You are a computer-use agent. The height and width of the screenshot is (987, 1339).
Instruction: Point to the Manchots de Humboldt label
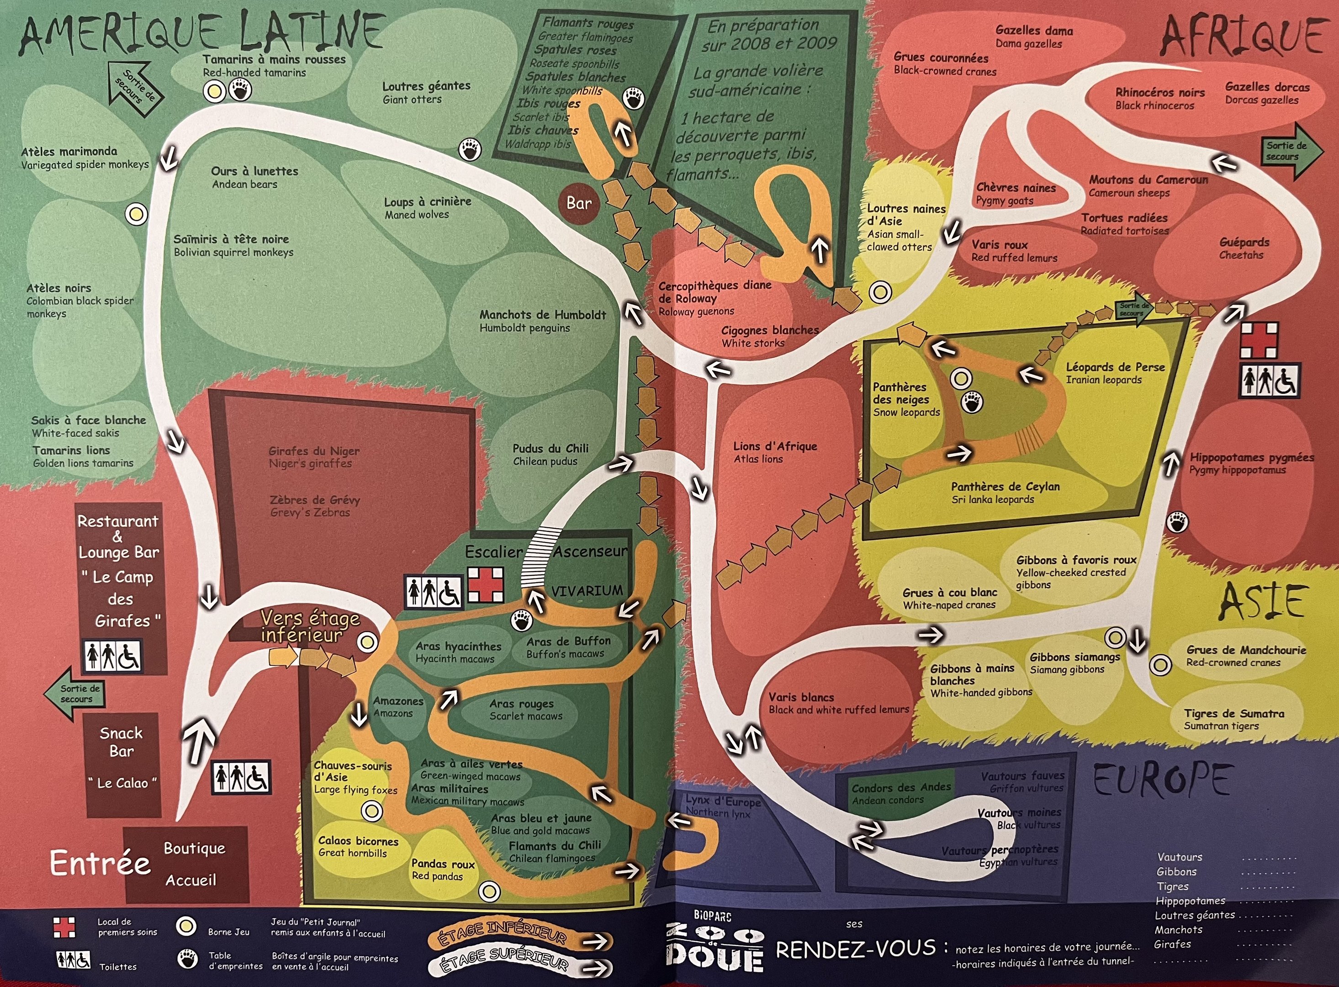(542, 321)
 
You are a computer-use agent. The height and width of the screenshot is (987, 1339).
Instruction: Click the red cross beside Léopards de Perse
(1260, 340)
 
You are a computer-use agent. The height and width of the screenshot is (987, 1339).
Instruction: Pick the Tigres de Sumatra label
(1234, 719)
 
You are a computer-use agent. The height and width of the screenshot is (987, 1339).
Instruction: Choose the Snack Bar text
(121, 742)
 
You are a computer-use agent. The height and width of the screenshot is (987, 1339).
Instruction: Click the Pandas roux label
(443, 870)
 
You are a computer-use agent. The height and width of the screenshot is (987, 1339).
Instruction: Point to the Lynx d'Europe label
(723, 807)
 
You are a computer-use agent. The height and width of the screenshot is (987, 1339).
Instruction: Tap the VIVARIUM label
(587, 591)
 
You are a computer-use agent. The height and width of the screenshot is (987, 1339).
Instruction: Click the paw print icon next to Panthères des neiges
(972, 403)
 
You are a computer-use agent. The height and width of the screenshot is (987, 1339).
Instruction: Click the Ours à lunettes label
(254, 177)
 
